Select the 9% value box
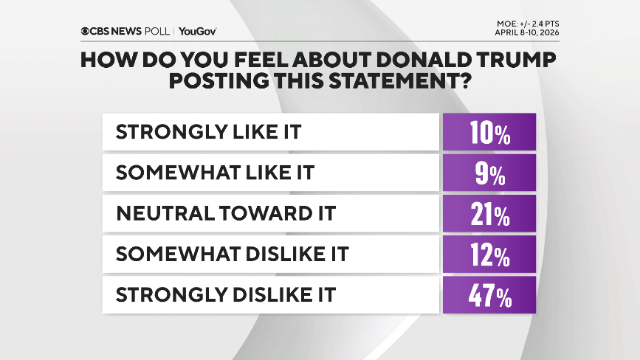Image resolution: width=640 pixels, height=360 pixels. (x=489, y=173)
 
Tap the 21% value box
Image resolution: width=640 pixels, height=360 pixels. (x=489, y=214)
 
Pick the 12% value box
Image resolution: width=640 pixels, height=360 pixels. (x=489, y=255)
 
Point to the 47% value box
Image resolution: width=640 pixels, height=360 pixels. (x=489, y=295)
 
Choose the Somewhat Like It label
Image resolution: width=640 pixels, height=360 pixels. (x=215, y=173)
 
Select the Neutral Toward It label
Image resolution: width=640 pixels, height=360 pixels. (x=225, y=214)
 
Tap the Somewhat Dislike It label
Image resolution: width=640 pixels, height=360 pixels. (x=232, y=255)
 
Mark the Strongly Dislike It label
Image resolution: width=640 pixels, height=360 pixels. (x=225, y=295)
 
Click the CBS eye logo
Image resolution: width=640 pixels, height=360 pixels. (x=86, y=31)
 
